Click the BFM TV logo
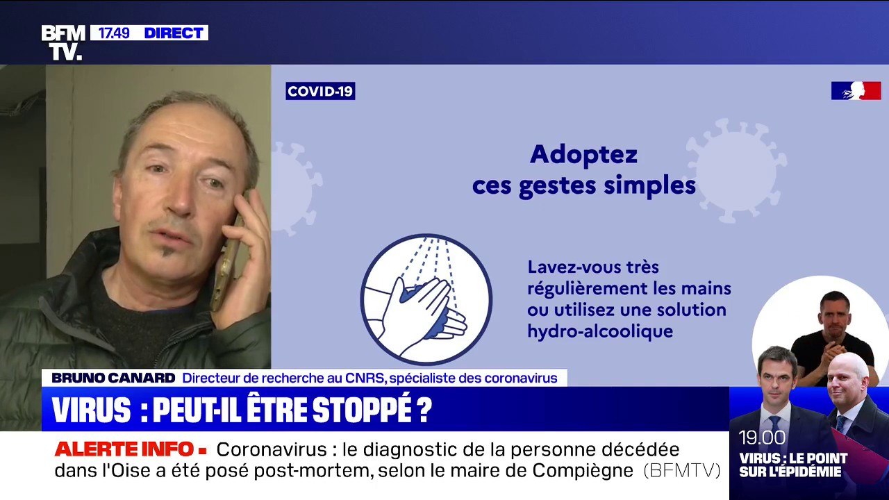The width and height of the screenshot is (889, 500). [63, 42]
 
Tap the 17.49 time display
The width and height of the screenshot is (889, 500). [114, 33]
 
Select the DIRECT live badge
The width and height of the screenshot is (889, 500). [173, 33]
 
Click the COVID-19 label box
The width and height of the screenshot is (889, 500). [320, 91]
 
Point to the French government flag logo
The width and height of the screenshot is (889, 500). [856, 90]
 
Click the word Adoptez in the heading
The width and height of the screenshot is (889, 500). [583, 154]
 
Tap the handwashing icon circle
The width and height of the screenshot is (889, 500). [426, 299]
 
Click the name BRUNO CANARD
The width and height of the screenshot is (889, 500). [113, 378]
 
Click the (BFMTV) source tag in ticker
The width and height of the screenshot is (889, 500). [681, 470]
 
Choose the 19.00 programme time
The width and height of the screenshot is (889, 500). [762, 437]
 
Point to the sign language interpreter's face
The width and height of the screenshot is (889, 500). [834, 310]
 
